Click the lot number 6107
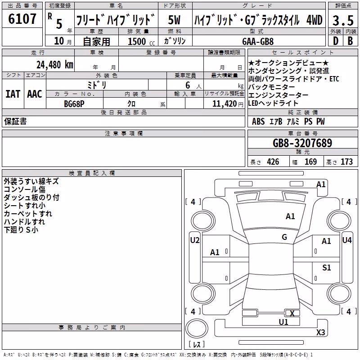[22, 19]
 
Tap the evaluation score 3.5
[343, 20]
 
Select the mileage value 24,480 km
[55, 65]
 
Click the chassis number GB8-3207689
[302, 143]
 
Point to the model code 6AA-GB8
[258, 41]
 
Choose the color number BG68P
[74, 104]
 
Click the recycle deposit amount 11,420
[225, 104]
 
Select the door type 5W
[174, 20]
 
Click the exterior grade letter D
[336, 41]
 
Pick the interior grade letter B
[350, 41]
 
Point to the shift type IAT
[13, 94]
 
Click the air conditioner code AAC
[35, 94]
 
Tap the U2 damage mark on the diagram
[195, 240]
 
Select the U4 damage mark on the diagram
[346, 240]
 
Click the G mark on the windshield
[284, 237]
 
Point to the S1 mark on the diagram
[326, 267]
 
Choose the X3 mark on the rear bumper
[321, 332]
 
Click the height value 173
[346, 162]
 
